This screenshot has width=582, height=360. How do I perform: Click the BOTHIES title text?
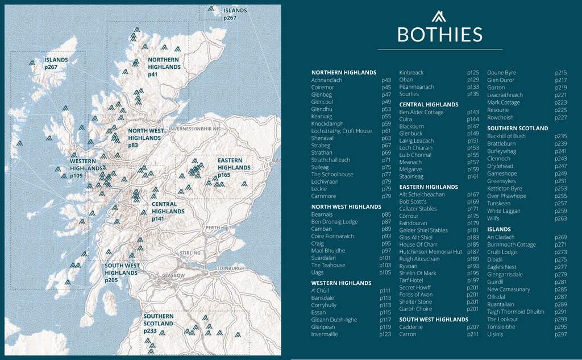[440, 35]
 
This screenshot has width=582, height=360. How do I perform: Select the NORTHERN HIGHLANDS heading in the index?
[343, 73]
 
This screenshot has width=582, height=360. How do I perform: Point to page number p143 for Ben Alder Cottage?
[473, 113]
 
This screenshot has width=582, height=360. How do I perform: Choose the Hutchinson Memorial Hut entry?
[430, 252]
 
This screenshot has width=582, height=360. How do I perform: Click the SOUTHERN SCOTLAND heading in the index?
[517, 129]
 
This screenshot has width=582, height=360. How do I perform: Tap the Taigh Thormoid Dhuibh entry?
[514, 312]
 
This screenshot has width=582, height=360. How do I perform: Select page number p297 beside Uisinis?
[560, 334]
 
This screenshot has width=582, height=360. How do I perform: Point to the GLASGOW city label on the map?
[173, 276]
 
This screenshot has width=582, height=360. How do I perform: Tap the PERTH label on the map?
[213, 227]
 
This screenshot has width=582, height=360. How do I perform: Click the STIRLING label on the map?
[190, 253]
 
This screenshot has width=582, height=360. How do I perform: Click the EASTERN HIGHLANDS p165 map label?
[234, 168]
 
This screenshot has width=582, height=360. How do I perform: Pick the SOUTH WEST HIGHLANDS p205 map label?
[122, 272]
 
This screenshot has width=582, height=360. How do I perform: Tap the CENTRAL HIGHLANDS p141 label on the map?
[168, 211]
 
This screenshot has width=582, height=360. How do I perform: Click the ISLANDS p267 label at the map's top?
[235, 14]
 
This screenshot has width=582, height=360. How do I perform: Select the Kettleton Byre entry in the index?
[504, 189]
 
